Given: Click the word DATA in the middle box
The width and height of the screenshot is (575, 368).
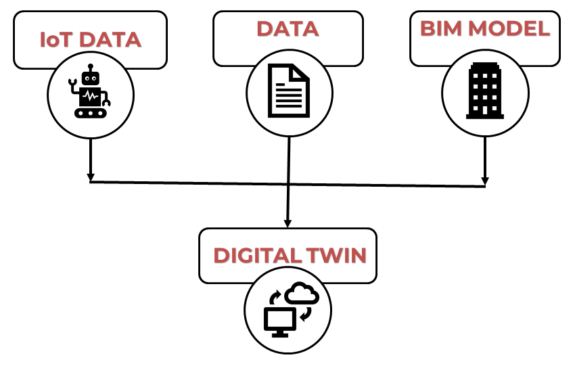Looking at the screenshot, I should [287, 29].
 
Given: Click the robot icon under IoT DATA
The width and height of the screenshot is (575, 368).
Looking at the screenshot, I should [90, 94].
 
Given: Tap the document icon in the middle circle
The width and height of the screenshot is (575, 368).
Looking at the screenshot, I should [289, 89].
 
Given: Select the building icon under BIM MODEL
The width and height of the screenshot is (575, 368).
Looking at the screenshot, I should [484, 91].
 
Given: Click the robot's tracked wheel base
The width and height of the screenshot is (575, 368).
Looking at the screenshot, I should [91, 113].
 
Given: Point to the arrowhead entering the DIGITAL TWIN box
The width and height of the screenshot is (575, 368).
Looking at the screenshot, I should [287, 223].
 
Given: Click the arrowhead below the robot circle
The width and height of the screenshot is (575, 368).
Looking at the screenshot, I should [90, 177].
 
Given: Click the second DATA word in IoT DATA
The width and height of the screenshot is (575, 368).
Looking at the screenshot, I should [110, 40].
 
